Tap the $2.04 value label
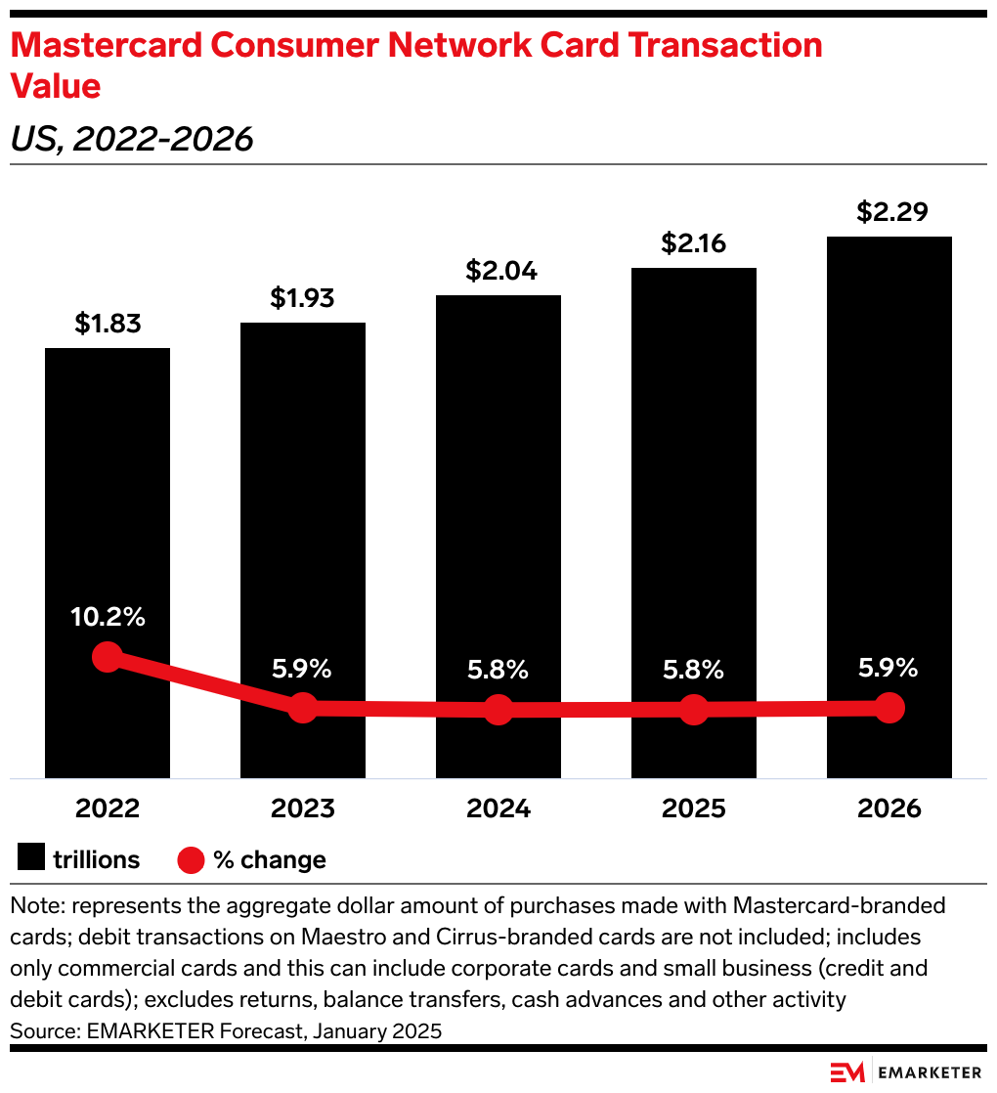pos(498,271)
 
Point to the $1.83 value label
pos(108,324)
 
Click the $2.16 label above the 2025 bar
pos(694,243)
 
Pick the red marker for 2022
pos(107,657)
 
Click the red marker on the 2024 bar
pos(498,710)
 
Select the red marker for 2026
pos(889,707)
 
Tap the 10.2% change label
pos(108,617)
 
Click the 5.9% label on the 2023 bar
pos(303,670)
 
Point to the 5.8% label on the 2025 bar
pos(694,670)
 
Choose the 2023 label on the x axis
pos(303,809)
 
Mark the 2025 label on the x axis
pos(694,809)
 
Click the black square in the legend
pos(31,859)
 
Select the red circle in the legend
pos(191,859)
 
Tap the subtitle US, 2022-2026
pos(132,140)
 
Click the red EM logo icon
pos(847,1072)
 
